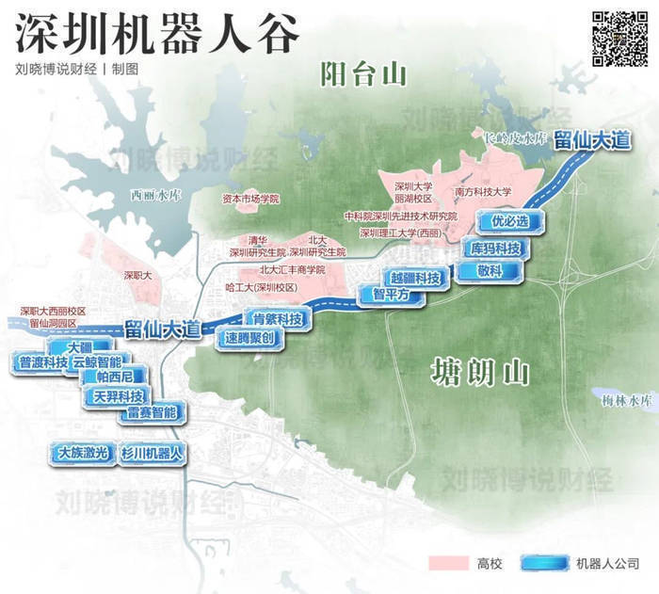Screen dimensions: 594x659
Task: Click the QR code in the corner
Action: [x=619, y=37]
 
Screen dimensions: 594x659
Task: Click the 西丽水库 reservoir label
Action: [x=155, y=196]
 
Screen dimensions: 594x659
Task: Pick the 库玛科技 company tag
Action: [x=494, y=249]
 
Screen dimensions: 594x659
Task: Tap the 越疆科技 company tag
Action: [x=415, y=279]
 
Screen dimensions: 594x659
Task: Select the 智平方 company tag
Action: [x=391, y=295]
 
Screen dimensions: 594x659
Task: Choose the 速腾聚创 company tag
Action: [x=249, y=337]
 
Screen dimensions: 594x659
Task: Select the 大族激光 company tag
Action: [x=83, y=453]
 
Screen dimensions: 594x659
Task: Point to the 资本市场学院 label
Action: [x=250, y=200]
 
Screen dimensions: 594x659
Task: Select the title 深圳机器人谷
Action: [x=158, y=35]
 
